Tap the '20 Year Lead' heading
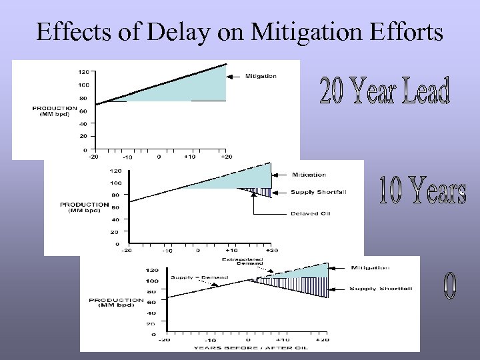point(385,92)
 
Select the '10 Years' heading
point(421,191)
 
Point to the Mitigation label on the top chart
point(261,76)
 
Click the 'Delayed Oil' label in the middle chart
point(310,214)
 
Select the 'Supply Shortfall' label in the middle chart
point(319,193)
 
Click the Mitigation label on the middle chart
point(309,175)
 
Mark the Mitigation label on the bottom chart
point(370,268)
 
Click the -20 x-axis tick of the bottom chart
point(163,340)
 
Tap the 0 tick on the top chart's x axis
point(159,157)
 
